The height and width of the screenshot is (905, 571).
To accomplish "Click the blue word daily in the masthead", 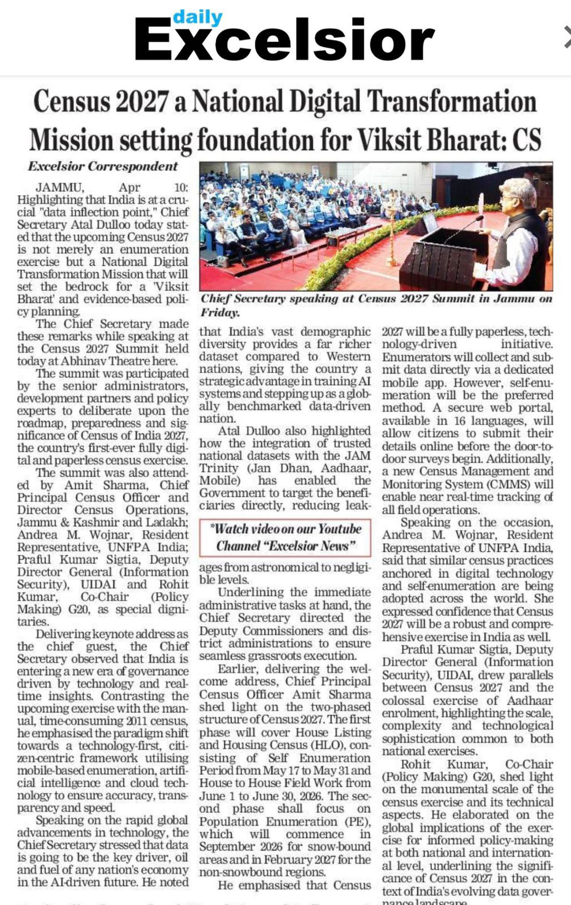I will pyautogui.click(x=197, y=18).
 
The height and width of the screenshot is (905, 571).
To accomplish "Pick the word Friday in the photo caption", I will pyautogui.click(x=219, y=312).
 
